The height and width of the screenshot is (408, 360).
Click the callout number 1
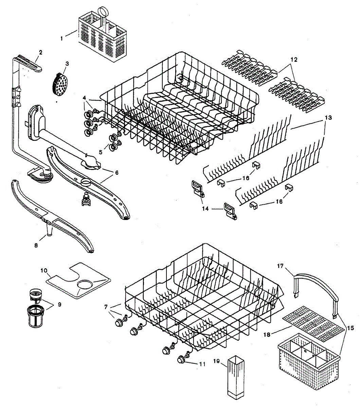[61, 38]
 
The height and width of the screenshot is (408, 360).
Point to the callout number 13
[328, 117]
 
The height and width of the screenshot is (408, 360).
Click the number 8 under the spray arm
[37, 245]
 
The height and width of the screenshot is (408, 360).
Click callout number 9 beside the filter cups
[59, 304]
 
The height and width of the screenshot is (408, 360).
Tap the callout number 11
[202, 364]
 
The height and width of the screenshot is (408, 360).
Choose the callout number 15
[350, 328]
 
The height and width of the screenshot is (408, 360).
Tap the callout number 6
[116, 173]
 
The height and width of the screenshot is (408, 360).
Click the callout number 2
[41, 52]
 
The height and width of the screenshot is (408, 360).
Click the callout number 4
[85, 98]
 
